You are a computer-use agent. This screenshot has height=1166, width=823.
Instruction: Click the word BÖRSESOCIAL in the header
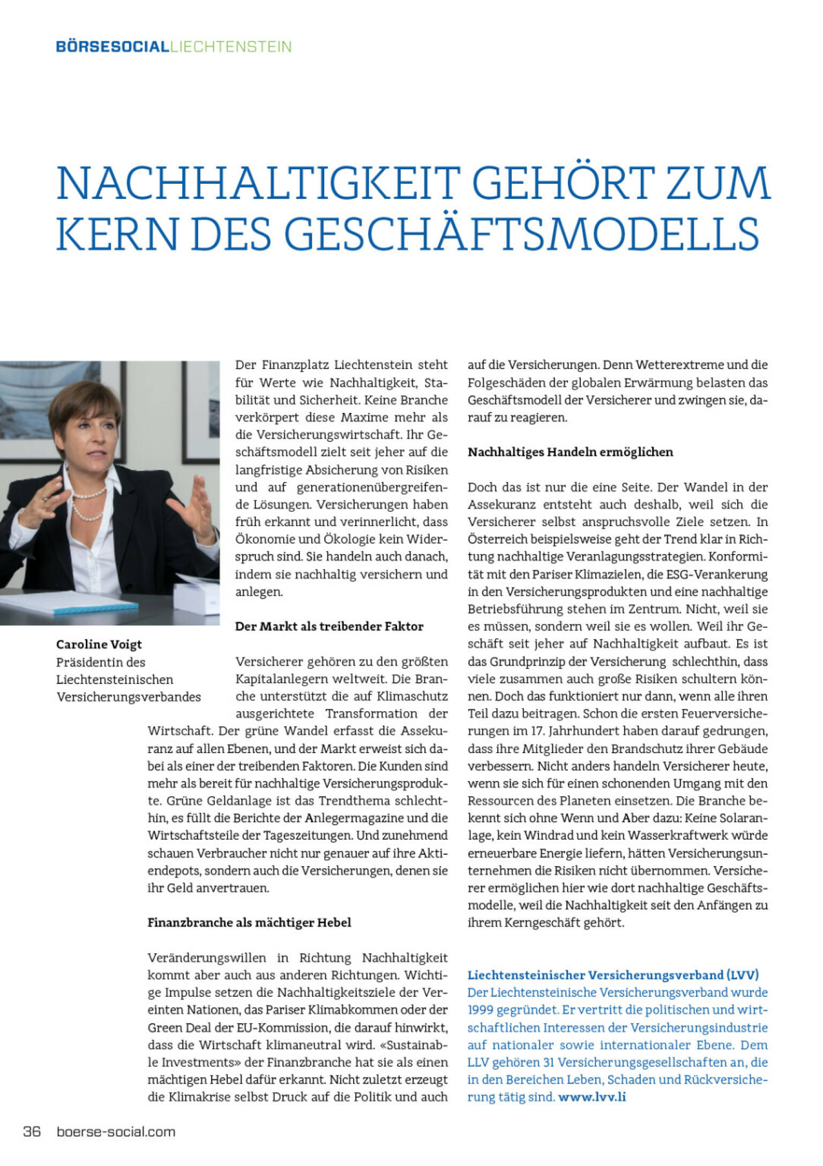tap(113, 47)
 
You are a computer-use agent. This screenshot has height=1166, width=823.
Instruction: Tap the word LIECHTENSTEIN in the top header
tap(231, 47)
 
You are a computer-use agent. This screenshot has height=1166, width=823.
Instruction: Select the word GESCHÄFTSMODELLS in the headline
tap(522, 234)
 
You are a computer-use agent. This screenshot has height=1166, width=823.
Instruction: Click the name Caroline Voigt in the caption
tap(99, 644)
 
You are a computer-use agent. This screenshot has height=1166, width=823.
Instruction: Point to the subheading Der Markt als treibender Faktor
tap(329, 626)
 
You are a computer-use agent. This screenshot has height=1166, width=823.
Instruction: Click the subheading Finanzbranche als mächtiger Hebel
tap(249, 922)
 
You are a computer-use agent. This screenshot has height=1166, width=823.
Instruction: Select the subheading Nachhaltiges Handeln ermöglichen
tap(570, 452)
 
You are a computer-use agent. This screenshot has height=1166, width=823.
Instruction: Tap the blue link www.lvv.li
tap(592, 1097)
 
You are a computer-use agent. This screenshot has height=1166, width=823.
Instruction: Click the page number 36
tap(32, 1132)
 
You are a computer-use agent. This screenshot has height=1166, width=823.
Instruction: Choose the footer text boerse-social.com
tap(116, 1132)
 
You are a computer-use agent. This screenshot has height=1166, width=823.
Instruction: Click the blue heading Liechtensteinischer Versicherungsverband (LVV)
tap(613, 975)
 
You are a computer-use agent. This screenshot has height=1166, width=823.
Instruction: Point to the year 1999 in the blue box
tap(480, 1010)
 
